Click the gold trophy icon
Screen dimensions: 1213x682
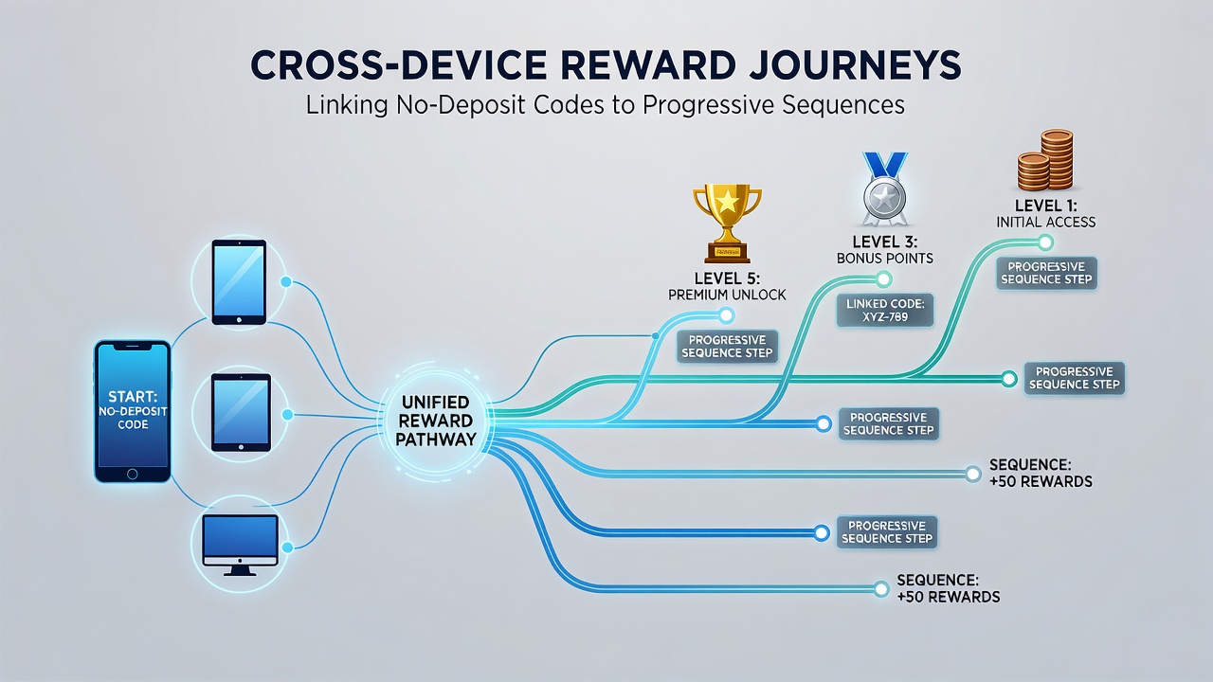point(727,223)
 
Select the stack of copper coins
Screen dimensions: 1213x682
point(1045,160)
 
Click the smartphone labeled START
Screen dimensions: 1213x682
point(133,411)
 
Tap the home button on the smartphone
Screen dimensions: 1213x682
point(132,475)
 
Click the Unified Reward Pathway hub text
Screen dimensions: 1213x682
point(436,421)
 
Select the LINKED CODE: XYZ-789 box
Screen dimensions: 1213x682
point(885,311)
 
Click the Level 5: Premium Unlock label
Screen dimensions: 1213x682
point(727,286)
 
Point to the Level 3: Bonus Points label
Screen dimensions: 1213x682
point(885,249)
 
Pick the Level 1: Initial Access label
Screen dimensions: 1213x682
point(1045,214)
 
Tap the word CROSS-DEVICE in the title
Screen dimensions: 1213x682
point(399,66)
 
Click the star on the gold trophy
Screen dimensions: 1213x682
point(727,202)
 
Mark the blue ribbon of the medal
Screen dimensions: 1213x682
point(885,164)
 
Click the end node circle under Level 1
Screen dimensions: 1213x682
point(1045,242)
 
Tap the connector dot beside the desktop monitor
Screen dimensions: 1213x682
point(287,547)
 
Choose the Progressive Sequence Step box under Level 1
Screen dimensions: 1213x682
point(1046,273)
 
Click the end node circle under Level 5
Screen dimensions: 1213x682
point(726,315)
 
